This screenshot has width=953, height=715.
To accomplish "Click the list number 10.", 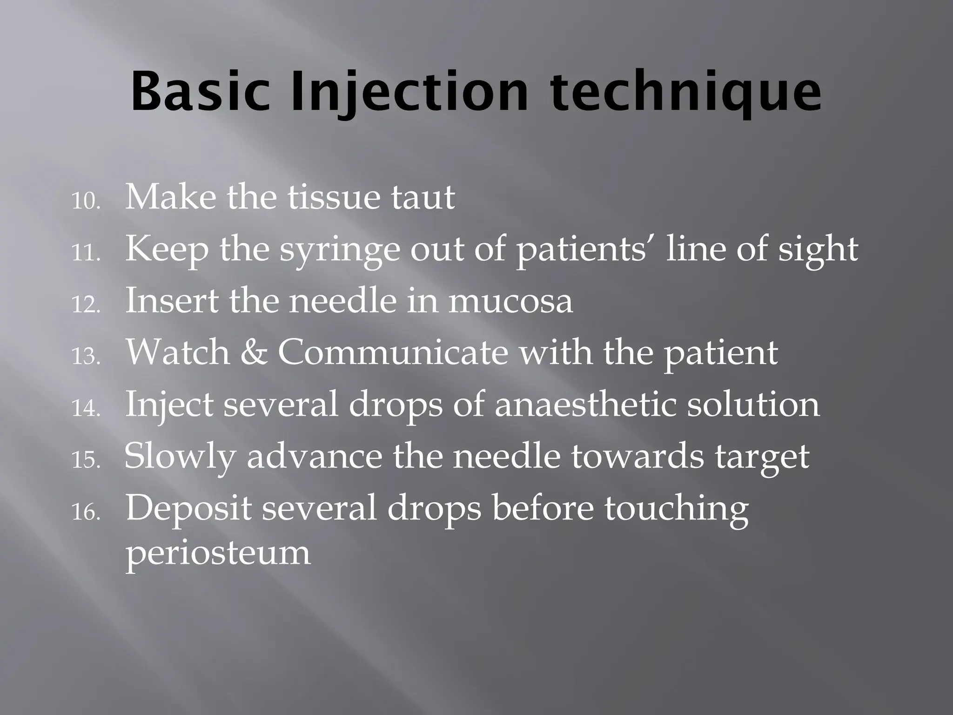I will pos(86,202).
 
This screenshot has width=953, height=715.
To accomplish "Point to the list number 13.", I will pos(86,357).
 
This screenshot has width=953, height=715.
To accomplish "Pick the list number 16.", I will pos(86,513).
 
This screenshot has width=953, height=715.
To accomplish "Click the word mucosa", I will pos(510,301).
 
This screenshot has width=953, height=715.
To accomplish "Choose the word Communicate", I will pos(393,352).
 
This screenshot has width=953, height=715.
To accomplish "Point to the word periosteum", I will pos(218,553).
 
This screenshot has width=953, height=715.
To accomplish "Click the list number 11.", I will pos(86,254).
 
